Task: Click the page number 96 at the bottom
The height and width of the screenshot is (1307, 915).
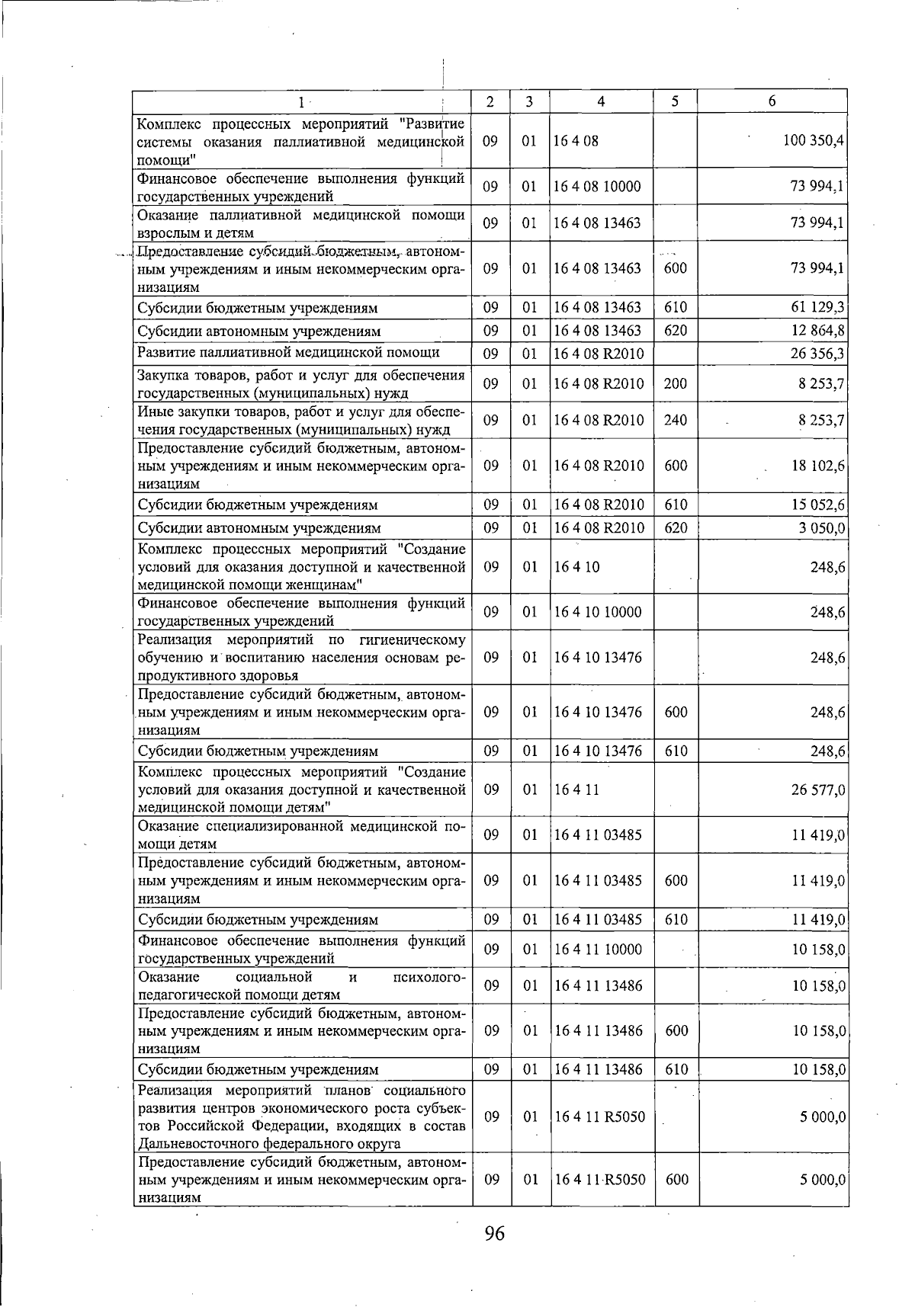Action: click(x=494, y=1234)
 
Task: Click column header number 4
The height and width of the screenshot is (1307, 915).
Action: click(x=601, y=101)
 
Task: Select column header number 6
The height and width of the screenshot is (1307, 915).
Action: click(x=772, y=101)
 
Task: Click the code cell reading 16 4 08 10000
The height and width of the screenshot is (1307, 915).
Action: click(x=597, y=187)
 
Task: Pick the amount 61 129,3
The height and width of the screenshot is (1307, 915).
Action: click(x=817, y=308)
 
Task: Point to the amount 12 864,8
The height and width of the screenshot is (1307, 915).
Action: click(x=817, y=331)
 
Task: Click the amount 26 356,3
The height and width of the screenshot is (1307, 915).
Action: click(x=817, y=354)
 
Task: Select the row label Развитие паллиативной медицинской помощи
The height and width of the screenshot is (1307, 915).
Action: click(x=288, y=352)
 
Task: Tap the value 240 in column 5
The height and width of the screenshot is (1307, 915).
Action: click(x=675, y=420)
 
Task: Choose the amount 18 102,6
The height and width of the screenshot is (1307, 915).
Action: click(x=817, y=466)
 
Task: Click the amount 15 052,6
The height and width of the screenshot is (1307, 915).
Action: click(x=817, y=505)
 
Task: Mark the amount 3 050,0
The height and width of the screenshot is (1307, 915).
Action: click(x=822, y=527)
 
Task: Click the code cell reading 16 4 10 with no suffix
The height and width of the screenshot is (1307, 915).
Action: click(x=576, y=567)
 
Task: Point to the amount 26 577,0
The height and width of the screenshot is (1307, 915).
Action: click(x=817, y=790)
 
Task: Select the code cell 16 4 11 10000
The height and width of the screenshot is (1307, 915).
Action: click(x=598, y=950)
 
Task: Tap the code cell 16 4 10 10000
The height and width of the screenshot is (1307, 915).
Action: click(x=598, y=612)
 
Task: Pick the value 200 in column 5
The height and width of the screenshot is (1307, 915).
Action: click(x=675, y=383)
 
